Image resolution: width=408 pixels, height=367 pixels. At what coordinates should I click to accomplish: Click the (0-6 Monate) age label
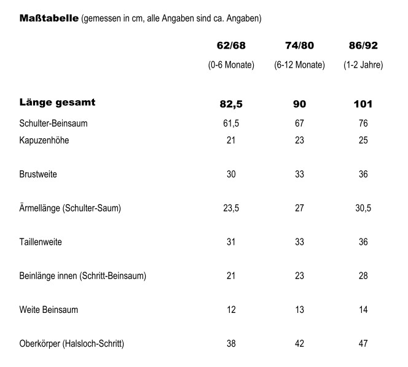231,65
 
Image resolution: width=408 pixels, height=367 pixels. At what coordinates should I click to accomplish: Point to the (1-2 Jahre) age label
363,65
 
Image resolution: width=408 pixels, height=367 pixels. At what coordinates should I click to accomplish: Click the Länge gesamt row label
57,103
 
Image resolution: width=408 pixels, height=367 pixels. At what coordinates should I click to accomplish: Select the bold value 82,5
231,104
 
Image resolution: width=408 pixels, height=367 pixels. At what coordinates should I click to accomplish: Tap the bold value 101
363,104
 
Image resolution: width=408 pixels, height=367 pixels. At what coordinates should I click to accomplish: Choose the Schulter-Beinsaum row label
53,124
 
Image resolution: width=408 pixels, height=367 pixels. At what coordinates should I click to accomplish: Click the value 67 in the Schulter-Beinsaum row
299,124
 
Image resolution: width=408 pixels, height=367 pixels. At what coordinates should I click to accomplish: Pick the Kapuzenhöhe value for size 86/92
363,141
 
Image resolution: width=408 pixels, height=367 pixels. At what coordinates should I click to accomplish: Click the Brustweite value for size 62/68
231,175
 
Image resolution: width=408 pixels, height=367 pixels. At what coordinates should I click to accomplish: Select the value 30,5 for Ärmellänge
363,208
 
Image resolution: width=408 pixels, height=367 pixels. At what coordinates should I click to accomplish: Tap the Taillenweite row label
41,242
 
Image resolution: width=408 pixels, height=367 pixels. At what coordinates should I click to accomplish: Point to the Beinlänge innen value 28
363,276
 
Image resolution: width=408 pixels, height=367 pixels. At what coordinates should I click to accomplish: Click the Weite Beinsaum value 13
299,310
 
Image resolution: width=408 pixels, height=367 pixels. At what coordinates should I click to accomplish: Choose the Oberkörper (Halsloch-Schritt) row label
72,344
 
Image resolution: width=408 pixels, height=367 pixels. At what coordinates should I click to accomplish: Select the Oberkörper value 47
363,344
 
